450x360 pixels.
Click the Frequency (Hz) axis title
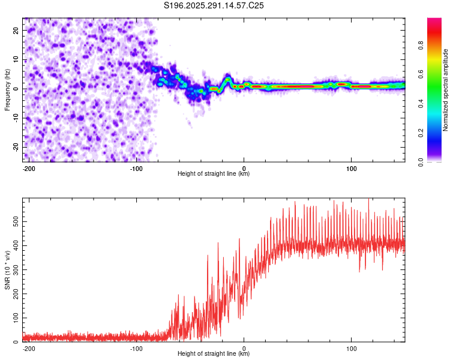coord(7,89)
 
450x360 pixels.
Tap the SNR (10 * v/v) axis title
coord(7,270)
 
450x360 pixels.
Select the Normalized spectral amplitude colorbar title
coord(446,89)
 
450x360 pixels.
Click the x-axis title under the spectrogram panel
coord(214,174)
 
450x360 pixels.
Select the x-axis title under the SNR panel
coord(214,354)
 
